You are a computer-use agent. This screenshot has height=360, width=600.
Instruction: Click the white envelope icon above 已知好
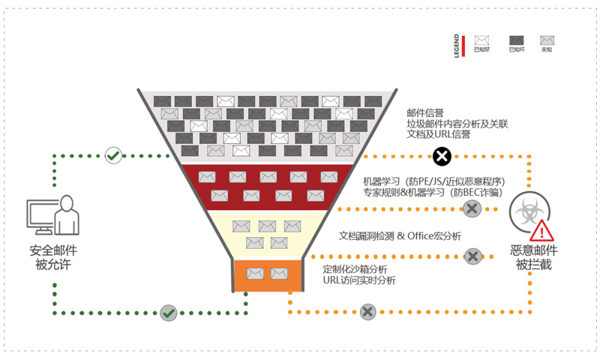point(481,40)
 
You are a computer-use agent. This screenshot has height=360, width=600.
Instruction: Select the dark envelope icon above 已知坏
point(517,40)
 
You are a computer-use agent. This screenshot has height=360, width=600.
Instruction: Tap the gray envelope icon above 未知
point(547,40)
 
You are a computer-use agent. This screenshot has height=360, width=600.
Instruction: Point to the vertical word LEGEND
point(457,46)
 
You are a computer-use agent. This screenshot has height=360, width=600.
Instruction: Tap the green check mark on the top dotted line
point(113,156)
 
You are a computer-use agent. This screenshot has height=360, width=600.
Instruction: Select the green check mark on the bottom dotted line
point(169,312)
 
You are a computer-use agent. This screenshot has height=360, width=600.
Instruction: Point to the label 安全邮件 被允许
point(53,257)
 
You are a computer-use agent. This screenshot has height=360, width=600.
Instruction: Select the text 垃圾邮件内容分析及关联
point(457,124)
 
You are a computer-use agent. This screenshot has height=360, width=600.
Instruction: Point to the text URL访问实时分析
point(359,280)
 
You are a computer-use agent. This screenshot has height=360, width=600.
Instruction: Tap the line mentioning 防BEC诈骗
point(432,193)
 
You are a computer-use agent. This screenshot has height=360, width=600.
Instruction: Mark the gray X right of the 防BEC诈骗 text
point(472,208)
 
